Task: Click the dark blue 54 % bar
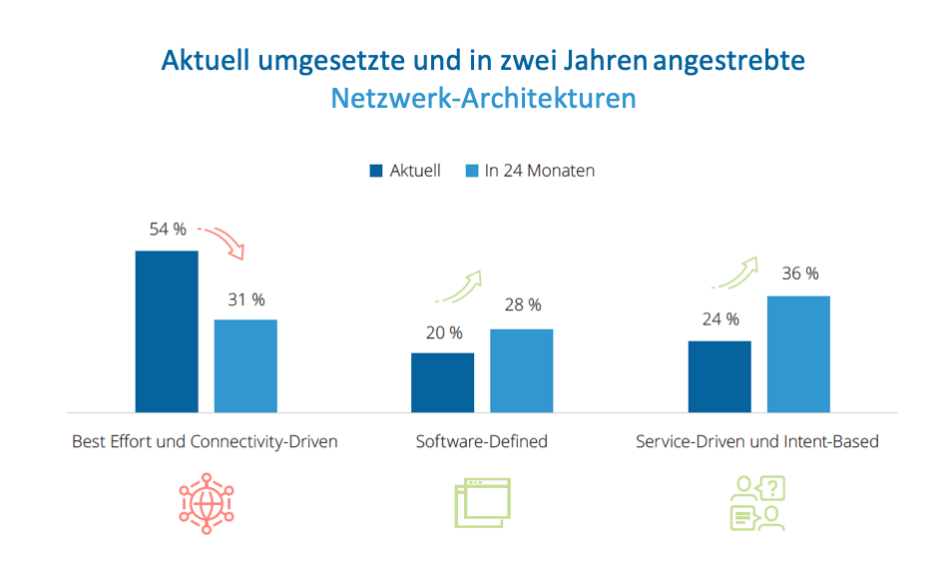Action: click(167, 330)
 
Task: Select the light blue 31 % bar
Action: click(245, 365)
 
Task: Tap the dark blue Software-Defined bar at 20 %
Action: click(442, 381)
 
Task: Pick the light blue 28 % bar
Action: click(521, 370)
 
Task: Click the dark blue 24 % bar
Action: click(719, 376)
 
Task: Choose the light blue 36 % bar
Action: click(798, 353)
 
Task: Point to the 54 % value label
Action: click(168, 230)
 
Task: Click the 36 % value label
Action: click(798, 274)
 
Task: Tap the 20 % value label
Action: click(443, 332)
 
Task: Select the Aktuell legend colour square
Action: click(376, 171)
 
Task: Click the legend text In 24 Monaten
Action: click(540, 171)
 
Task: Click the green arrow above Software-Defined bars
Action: click(459, 286)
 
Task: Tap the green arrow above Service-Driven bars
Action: click(735, 273)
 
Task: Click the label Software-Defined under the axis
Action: click(482, 441)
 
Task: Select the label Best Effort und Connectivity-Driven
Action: click(206, 441)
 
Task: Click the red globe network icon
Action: click(206, 503)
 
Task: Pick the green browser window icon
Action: click(482, 503)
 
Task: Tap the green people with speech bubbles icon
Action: click(757, 503)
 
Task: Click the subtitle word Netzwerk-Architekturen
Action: click(483, 100)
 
